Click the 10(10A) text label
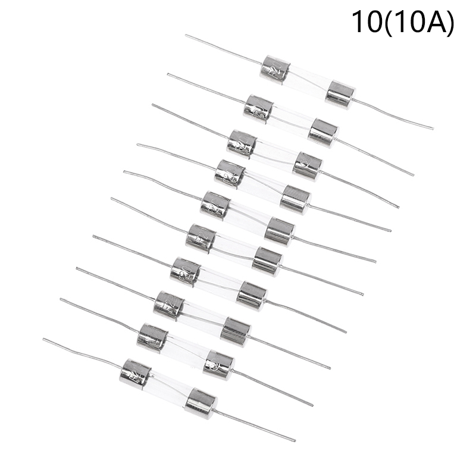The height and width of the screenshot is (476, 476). pos(403,22)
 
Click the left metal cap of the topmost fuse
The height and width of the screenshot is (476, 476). pos(275,69)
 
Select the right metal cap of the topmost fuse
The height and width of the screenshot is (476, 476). pos(340,94)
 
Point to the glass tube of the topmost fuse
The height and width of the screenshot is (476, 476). pos(308,82)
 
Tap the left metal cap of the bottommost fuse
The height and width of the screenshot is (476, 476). pos(135,373)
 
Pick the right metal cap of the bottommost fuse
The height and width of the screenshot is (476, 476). pos(201,404)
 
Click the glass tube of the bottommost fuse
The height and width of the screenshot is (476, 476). pos(168,388)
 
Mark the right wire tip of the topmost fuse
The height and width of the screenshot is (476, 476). pos(433,128)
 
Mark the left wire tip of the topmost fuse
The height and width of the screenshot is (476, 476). pos(186,35)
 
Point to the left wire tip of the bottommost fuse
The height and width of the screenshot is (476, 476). pos(43,340)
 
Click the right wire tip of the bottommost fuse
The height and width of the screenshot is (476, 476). pos(295,441)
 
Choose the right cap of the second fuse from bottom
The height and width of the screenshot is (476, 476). pos(219,365)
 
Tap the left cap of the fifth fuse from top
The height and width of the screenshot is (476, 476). pos(215,205)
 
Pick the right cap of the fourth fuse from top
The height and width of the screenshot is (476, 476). pos(295,199)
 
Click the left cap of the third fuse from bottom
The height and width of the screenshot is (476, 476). pos(169,304)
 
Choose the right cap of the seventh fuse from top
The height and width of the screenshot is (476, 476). pos(252,295)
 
